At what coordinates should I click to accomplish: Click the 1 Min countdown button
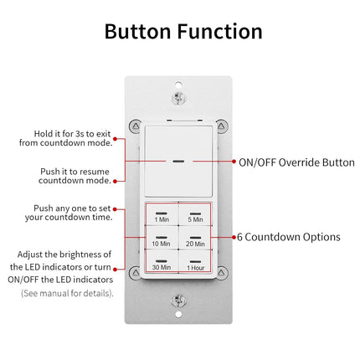[162, 215]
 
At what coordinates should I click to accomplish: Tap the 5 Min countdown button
[195, 215]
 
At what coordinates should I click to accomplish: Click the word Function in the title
[219, 31]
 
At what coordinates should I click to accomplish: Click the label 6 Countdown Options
[287, 237]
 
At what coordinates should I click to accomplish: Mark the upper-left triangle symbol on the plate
[134, 126]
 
